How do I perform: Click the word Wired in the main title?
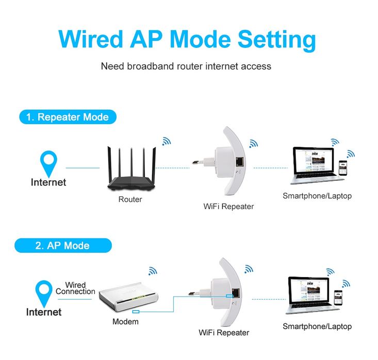coord(91,39)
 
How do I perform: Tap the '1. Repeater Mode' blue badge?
coord(68,117)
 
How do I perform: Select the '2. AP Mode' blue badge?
coord(62,245)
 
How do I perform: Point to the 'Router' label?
coord(130,199)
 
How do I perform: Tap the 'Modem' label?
coord(125,321)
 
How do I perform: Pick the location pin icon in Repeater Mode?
coord(49,163)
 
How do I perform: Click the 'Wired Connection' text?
coord(75,288)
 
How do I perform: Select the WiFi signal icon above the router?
coord(166,141)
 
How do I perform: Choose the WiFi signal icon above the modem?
coord(153,270)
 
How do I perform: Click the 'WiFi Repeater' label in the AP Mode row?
coord(224,333)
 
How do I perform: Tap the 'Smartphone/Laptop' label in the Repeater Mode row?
coord(317,196)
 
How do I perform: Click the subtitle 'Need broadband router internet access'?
coord(186,66)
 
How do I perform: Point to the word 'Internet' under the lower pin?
coord(44,312)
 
